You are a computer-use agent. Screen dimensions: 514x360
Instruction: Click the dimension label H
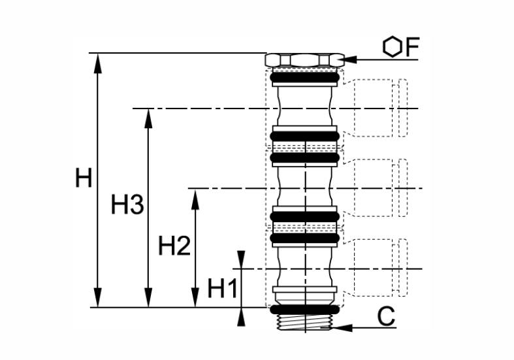84,177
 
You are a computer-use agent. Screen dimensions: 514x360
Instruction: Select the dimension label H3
127,205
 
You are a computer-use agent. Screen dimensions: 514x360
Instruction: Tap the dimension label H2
174,246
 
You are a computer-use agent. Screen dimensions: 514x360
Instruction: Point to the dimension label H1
222,289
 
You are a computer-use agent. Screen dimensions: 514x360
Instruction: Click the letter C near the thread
386,317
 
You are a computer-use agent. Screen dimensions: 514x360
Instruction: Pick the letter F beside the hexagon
412,47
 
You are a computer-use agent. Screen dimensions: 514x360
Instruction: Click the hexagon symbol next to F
392,47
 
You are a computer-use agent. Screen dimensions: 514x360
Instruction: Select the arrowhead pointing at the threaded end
342,327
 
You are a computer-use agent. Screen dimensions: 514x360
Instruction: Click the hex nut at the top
304,60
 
